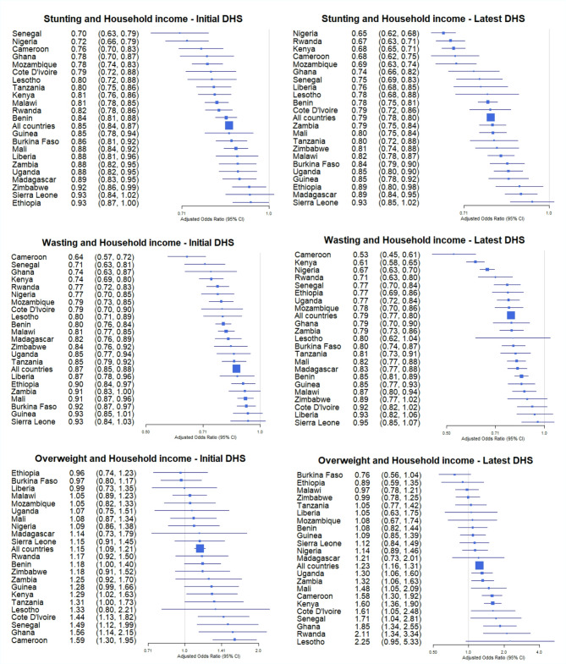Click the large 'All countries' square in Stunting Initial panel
click(x=228, y=124)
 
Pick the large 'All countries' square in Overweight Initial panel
click(x=200, y=573)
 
